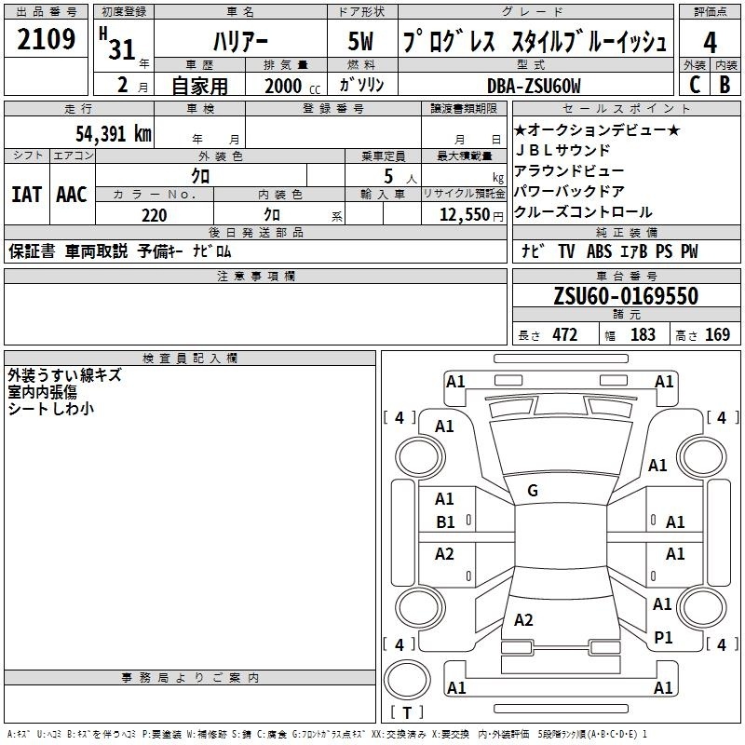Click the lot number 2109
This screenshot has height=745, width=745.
click(46, 39)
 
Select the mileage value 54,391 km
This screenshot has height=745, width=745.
click(114, 134)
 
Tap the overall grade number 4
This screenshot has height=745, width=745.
click(710, 43)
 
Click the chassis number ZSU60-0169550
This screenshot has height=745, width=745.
click(626, 296)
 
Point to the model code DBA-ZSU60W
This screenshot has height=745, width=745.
click(534, 86)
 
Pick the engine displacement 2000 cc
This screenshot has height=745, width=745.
click(292, 86)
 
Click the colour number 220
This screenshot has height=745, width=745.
click(154, 215)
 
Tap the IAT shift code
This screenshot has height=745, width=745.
click(27, 195)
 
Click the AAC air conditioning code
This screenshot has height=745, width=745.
click(72, 195)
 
